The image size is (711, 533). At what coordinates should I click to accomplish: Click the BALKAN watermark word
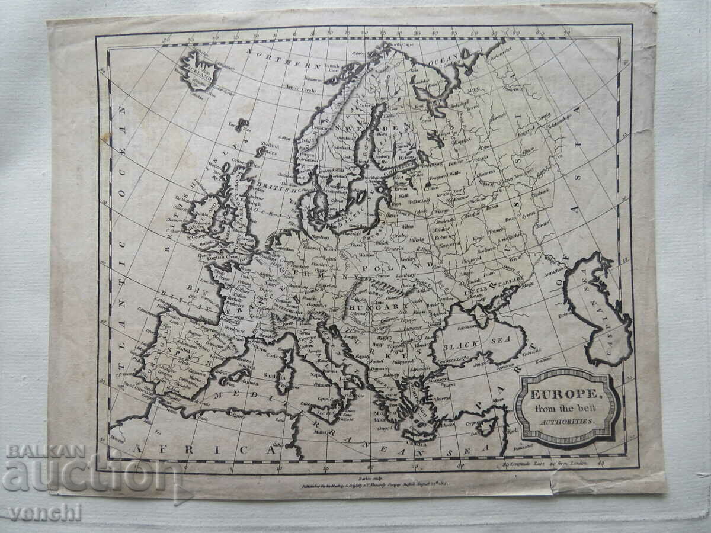point(46,451)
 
